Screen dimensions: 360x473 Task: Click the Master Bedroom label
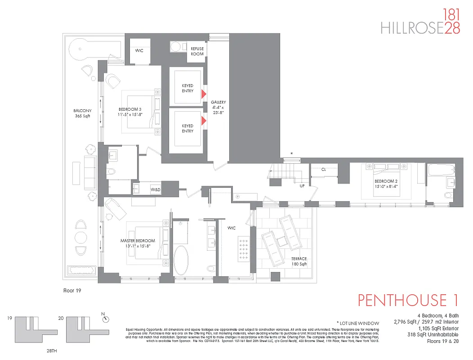tap(138, 243)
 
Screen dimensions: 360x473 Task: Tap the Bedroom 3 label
tap(130, 112)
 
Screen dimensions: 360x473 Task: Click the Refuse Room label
tap(197, 51)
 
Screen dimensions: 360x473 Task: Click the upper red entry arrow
tap(204, 94)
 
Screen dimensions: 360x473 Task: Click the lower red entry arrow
tap(204, 120)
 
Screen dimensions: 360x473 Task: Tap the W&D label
tap(156, 190)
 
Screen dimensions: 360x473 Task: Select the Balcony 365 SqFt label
tap(83, 113)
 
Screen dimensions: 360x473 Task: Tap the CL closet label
tap(323, 170)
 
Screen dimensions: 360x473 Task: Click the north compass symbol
tap(105, 318)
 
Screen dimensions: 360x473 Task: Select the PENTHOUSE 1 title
tap(408, 300)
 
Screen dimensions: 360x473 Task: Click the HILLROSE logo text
tap(412, 28)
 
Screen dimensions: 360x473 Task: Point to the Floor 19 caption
tap(72, 291)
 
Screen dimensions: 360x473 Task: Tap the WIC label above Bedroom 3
tap(139, 50)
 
